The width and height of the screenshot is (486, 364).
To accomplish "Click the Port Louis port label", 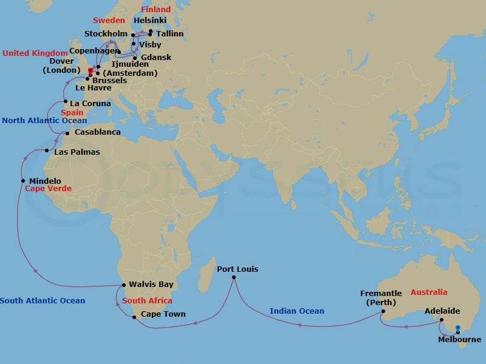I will [238, 269].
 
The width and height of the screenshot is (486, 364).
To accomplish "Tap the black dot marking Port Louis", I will [234, 278].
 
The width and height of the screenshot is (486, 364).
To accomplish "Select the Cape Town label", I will [163, 314].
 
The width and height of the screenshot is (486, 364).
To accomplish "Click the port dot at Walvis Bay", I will [124, 285].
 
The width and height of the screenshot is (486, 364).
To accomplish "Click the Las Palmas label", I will [77, 152].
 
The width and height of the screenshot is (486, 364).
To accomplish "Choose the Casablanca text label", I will [97, 132].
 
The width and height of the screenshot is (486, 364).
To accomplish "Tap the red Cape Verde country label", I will [48, 189].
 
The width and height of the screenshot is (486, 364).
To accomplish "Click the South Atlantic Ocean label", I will [43, 300].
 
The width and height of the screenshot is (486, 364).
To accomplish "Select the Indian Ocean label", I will [297, 311].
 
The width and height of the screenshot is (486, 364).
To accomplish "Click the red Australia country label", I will [428, 292].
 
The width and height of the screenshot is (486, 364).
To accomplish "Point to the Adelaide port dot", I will [441, 320].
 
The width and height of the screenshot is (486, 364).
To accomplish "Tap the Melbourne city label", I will [459, 340].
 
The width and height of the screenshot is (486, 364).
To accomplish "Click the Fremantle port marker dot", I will [383, 312].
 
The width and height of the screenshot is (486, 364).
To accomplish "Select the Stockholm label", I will [106, 34].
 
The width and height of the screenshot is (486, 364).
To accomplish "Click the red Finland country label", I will [156, 10].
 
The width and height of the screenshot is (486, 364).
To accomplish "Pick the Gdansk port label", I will [156, 58].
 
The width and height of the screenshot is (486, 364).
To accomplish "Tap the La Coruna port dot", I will [65, 101].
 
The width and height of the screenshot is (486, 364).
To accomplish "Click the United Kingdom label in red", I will [35, 53].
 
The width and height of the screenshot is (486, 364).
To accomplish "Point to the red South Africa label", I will [147, 300].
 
